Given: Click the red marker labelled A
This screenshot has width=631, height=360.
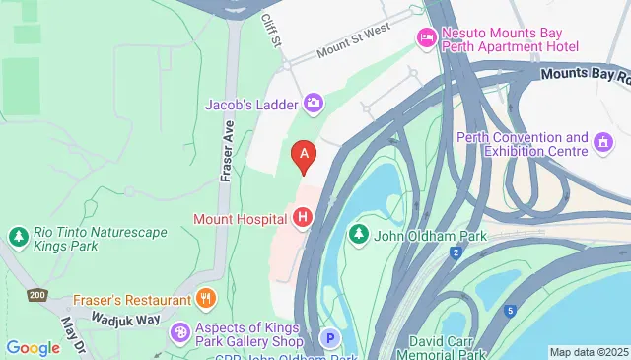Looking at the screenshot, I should pyautogui.click(x=305, y=154).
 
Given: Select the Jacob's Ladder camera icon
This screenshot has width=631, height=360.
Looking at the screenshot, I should pyautogui.click(x=314, y=102).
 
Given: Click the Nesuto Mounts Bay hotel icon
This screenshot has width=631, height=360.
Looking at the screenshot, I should pyautogui.click(x=427, y=38).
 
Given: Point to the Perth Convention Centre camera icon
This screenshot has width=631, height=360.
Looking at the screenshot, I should pyautogui.click(x=603, y=145).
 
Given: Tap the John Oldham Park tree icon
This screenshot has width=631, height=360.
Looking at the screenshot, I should pyautogui.click(x=358, y=234).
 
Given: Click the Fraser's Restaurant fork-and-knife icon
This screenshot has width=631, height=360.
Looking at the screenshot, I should pyautogui.click(x=205, y=299).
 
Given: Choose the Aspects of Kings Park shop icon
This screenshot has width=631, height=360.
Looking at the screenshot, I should pyautogui.click(x=178, y=332).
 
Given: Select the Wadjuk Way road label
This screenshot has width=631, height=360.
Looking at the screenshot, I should pyautogui.click(x=125, y=319).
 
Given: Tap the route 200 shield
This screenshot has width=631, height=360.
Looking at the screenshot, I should pyautogui.click(x=38, y=295).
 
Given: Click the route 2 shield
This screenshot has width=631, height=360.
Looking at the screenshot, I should pyautogui.click(x=456, y=254).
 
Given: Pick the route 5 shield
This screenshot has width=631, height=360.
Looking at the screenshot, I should pyautogui.click(x=511, y=312).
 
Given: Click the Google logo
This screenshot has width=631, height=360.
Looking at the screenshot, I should pyautogui.click(x=33, y=347).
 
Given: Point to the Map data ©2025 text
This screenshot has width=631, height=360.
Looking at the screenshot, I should pyautogui.click(x=589, y=352).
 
